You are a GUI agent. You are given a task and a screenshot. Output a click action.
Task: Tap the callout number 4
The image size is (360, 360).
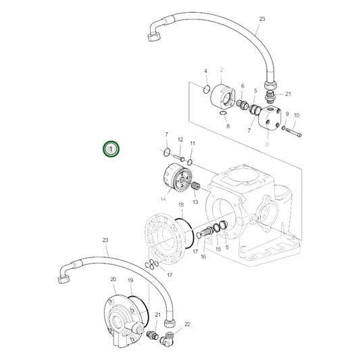tap(205, 71)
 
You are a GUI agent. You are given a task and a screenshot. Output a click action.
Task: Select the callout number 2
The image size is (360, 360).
tap(221, 70)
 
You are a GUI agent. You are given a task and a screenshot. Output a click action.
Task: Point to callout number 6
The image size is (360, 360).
tap(242, 86)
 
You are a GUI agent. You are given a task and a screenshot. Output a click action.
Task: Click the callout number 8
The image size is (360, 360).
tap(228, 126)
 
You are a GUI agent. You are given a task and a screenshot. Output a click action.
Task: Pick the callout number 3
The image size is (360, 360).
tap(267, 144)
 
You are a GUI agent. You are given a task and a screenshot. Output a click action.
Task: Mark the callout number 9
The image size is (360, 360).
tap(286, 114)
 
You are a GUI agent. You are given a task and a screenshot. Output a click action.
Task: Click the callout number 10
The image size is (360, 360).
tap(297, 115)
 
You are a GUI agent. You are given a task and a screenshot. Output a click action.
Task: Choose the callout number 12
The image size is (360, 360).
tap(180, 139)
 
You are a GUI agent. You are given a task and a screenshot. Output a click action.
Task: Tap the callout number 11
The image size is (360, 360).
tap(192, 144)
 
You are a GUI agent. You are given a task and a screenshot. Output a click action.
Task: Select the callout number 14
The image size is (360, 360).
tap(163, 199)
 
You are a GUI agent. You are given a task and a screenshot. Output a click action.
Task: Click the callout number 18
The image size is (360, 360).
tap(180, 205)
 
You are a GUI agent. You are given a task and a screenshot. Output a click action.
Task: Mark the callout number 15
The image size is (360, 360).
tap(218, 249)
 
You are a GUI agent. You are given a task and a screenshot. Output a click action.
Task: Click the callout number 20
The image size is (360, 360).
tap(113, 279)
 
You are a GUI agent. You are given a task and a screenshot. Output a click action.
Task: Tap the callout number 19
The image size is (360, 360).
tap(130, 280)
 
